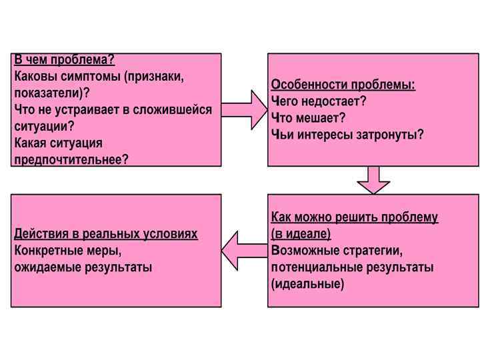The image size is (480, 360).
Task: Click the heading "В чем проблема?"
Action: click(65, 61)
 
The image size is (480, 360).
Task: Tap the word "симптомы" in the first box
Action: click(89, 77)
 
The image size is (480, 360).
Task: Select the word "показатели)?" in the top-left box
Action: click(52, 93)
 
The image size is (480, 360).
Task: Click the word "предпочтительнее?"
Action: click(71, 159)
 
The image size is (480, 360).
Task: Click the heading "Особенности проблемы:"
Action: click(343, 85)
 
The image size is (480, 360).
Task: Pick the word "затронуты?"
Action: click(390, 135)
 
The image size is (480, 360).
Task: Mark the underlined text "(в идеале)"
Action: click(301, 235)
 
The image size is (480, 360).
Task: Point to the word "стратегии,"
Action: click(373, 251)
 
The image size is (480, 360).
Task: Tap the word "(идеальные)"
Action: click(308, 284)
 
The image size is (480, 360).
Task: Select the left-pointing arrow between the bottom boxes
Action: click(245, 251)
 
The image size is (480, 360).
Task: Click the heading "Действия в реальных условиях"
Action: click(106, 235)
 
